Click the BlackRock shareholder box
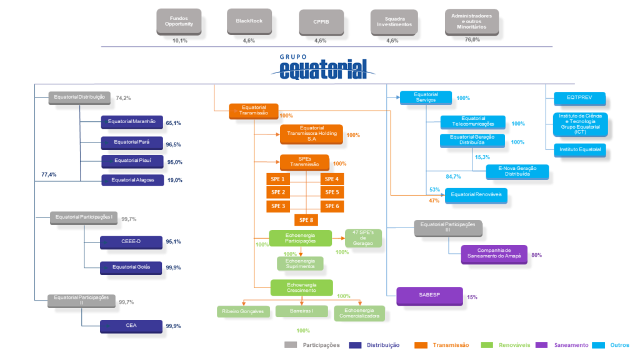[x=249, y=21]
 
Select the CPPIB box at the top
[x=321, y=21]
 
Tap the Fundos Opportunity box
[x=179, y=21]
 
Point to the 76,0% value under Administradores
[x=472, y=40]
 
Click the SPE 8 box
[x=306, y=219]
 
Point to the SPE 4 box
[x=332, y=179]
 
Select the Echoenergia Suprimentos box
[x=301, y=263]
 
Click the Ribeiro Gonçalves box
[x=242, y=311]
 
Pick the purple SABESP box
[x=429, y=296]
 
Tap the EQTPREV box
[x=579, y=98]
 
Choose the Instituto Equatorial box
[x=579, y=149]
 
